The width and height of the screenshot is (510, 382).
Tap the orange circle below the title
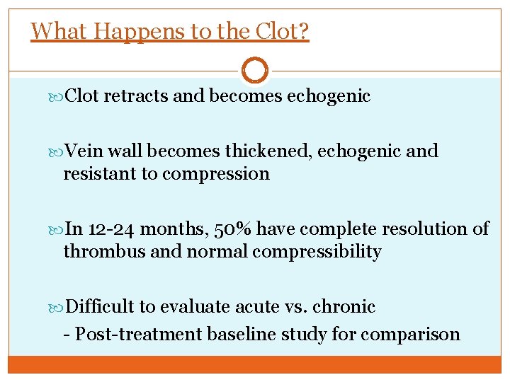click(x=255, y=71)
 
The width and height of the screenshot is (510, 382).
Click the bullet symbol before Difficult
click(x=58, y=307)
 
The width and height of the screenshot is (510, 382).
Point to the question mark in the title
click(x=302, y=31)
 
